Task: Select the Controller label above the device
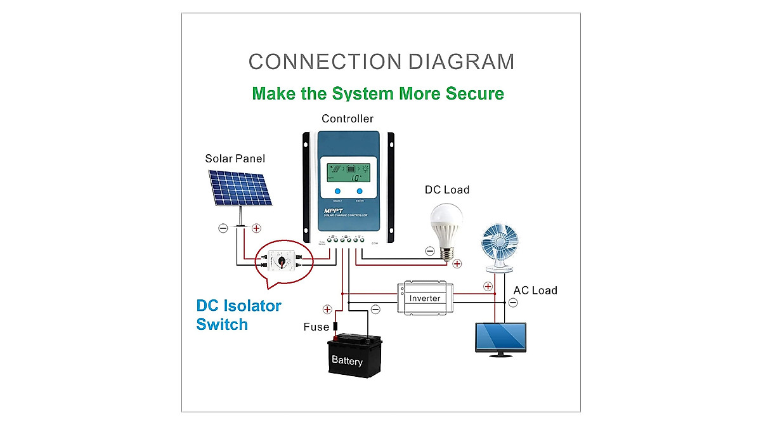pos(347,119)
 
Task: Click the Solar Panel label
pos(235,159)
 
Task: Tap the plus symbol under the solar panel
pos(256,228)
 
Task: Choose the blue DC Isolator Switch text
pos(238,315)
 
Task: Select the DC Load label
pos(446,190)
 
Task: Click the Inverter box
pos(424,298)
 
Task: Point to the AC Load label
pos(535,291)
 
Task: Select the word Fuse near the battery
pos(316,327)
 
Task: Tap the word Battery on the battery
pos(347,362)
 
